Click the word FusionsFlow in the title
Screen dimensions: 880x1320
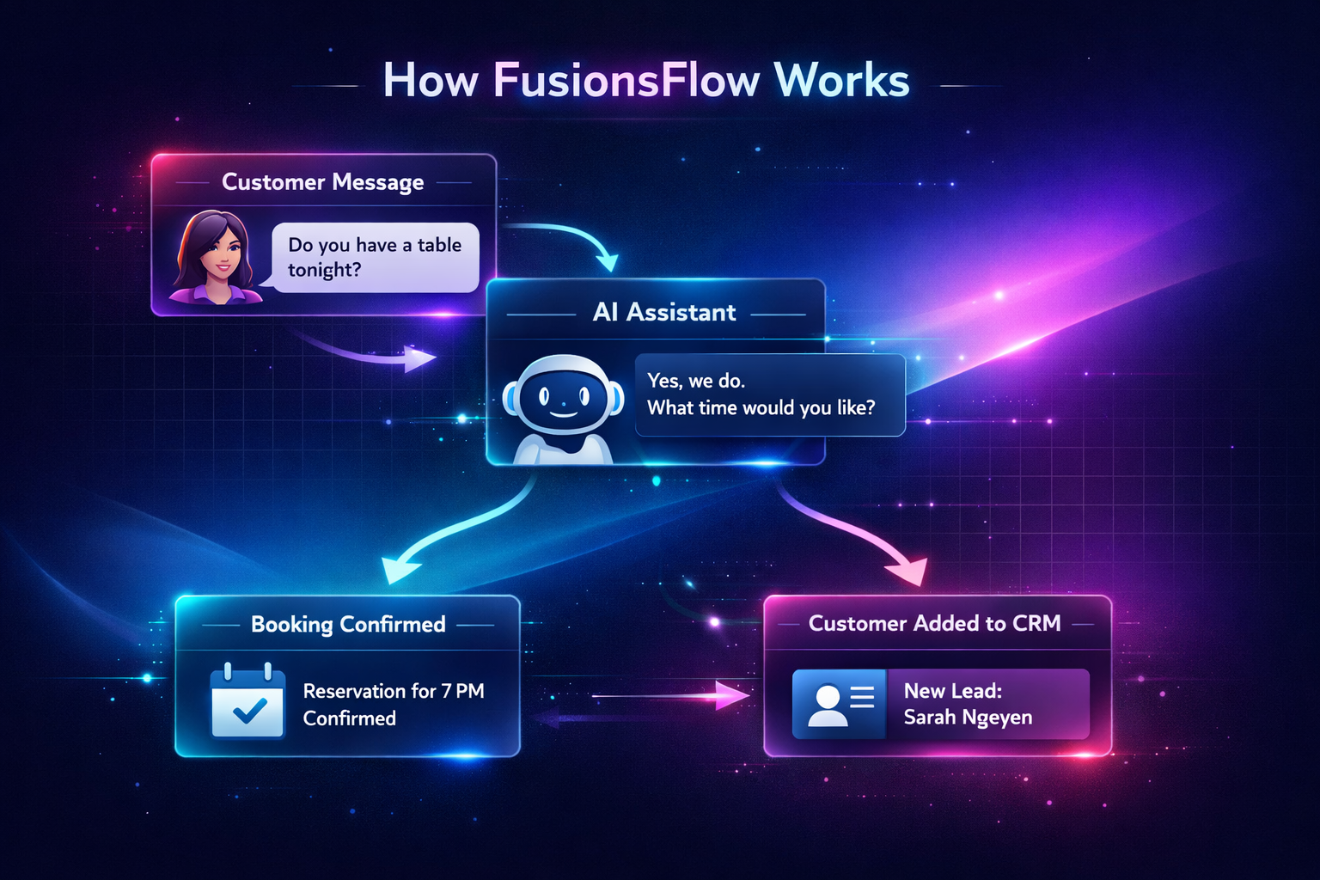tap(626, 81)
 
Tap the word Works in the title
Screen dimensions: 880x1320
tap(841, 81)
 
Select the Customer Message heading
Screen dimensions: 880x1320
tap(323, 182)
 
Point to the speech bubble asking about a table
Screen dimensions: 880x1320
tap(375, 257)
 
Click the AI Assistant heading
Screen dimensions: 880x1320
tap(664, 312)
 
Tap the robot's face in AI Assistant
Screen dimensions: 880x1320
tap(563, 397)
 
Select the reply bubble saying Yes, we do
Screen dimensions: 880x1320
tap(768, 394)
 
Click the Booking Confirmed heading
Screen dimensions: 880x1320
tap(348, 624)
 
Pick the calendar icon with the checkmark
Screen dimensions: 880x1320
tap(247, 701)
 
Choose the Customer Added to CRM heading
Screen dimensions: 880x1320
tap(934, 623)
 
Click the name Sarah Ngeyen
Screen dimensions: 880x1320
tap(968, 718)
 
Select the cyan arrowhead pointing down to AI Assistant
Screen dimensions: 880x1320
tap(608, 259)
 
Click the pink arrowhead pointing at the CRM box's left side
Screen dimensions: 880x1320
tap(733, 694)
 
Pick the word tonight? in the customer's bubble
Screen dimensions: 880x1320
tap(325, 270)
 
